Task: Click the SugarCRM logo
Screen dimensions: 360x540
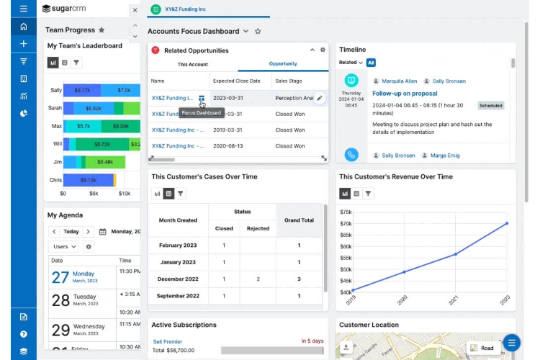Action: (x=68, y=9)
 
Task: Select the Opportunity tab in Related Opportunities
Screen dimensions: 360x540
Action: (x=283, y=64)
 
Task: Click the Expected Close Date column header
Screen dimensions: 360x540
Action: (x=238, y=81)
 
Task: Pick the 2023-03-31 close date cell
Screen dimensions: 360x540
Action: (x=229, y=98)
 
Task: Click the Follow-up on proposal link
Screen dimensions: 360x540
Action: (x=404, y=94)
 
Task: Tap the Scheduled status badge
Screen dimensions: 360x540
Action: (x=491, y=105)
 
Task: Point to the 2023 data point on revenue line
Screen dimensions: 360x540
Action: (x=507, y=223)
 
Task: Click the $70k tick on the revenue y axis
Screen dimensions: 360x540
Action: (x=346, y=223)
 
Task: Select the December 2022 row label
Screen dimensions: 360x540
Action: (x=178, y=279)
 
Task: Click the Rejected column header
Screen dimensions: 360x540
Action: (x=258, y=228)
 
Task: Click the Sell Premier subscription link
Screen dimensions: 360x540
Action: (x=168, y=341)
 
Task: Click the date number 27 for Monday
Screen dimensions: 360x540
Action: (x=60, y=278)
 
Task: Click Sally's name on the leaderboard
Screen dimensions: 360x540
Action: (x=55, y=90)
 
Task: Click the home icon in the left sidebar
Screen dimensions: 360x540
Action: (x=24, y=27)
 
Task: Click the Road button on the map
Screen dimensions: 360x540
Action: (x=482, y=348)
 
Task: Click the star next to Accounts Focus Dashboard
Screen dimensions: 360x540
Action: (x=258, y=32)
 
